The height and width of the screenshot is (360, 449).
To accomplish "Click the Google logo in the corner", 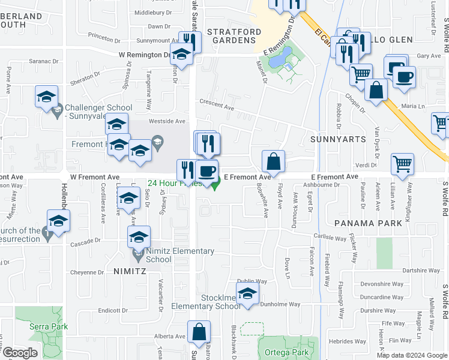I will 20,353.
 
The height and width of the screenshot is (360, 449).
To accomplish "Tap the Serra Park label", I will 48,326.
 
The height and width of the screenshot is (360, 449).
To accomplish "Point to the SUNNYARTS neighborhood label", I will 338,139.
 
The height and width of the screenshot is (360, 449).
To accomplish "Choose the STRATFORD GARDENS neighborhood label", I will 234,35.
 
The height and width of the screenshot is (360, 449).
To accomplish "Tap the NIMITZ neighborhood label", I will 130,271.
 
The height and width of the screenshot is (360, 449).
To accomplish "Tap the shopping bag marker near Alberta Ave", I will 199,332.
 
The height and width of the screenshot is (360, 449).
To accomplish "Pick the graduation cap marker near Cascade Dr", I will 139,237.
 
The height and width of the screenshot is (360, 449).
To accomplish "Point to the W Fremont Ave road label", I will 95,178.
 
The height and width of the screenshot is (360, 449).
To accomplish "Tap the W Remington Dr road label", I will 144,55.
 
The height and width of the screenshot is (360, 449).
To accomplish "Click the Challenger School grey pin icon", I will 57,110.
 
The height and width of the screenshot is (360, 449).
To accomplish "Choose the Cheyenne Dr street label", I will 88,272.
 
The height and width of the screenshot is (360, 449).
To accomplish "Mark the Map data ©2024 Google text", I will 411,355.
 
